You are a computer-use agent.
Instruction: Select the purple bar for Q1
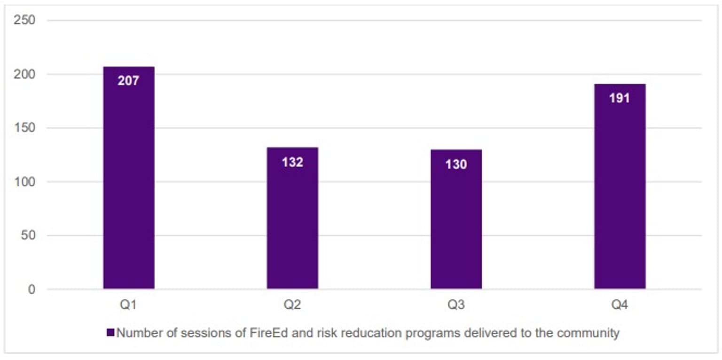(x=129, y=188)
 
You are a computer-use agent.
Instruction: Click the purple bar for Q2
(x=292, y=226)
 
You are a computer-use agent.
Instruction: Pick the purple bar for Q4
(x=620, y=197)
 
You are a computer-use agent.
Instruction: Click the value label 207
(x=129, y=81)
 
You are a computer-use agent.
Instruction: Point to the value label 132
(x=292, y=162)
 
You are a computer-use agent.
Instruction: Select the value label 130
(x=456, y=164)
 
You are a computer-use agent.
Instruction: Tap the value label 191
(x=620, y=99)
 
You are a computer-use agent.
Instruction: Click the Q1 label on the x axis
(x=129, y=305)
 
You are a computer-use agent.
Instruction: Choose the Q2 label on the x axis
(x=292, y=305)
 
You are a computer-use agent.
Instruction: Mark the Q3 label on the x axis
(x=456, y=305)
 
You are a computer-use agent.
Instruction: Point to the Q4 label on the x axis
(x=620, y=305)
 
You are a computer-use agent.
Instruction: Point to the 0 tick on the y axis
(x=31, y=290)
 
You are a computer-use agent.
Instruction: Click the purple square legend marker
(x=110, y=333)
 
